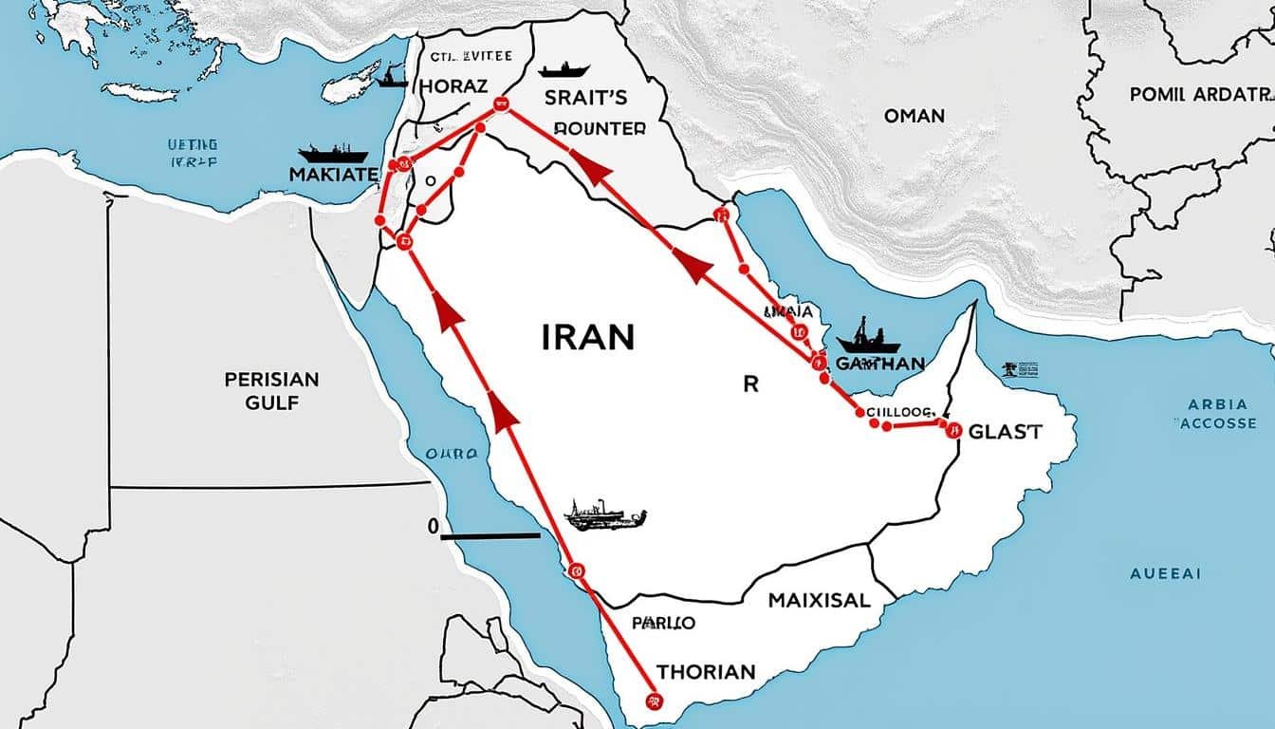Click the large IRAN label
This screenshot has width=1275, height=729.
(x=588, y=337)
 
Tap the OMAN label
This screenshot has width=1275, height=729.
(x=914, y=116)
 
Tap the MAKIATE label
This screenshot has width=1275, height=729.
(x=333, y=175)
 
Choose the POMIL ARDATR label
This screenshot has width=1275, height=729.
(x=1199, y=95)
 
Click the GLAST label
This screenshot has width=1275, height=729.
(x=1006, y=432)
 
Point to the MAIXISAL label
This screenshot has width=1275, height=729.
(x=819, y=601)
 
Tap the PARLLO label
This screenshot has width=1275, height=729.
(x=662, y=624)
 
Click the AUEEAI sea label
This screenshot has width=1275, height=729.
(x=1165, y=573)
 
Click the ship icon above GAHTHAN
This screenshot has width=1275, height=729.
(x=867, y=337)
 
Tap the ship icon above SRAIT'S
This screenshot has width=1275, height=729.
(x=564, y=69)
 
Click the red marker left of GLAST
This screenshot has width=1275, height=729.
(x=952, y=430)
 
